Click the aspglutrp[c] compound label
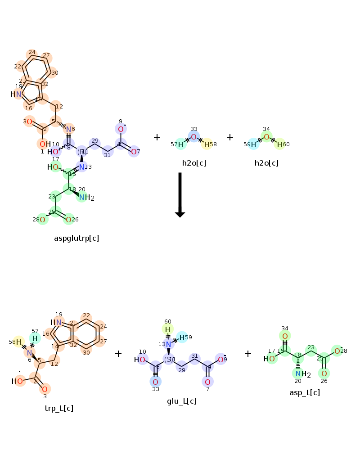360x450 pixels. (x=76, y=238)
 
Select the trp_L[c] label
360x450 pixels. (x=59, y=408)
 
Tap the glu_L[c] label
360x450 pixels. (x=182, y=401)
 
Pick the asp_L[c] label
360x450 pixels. (x=305, y=392)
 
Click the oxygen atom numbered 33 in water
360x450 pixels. (x=193, y=137)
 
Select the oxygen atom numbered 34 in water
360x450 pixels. (x=266, y=137)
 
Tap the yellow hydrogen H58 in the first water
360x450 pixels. (x=207, y=144)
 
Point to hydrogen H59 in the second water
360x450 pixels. (x=253, y=144)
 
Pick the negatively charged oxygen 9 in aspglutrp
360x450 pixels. (x=121, y=129)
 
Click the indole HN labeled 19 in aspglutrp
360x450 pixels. (x=16, y=94)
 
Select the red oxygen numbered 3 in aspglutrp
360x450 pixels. (x=29, y=121)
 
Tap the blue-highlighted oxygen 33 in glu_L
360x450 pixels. (x=155, y=382)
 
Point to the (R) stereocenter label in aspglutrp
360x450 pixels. (x=82, y=152)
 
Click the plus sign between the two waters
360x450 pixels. (x=230, y=137)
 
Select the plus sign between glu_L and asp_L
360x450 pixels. (x=248, y=354)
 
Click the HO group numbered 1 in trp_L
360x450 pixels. (x=18, y=381)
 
